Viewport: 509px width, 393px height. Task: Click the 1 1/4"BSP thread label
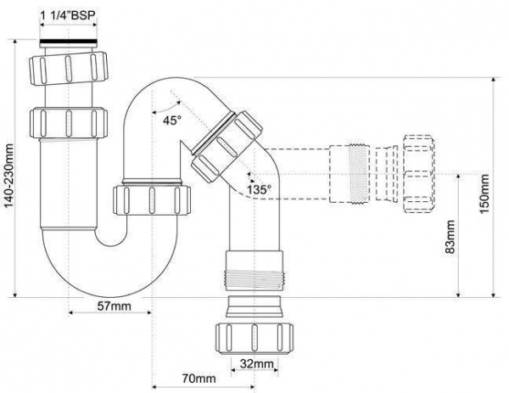coord(69,15)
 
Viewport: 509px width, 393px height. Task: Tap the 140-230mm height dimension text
coord(8,176)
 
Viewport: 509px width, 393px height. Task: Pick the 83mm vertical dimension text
coord(450,237)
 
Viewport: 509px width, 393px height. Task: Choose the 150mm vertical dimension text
coord(484,194)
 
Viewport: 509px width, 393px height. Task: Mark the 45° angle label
coord(172,121)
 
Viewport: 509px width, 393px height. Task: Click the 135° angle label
coord(259,189)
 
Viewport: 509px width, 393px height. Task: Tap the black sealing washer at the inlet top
coord(69,42)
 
